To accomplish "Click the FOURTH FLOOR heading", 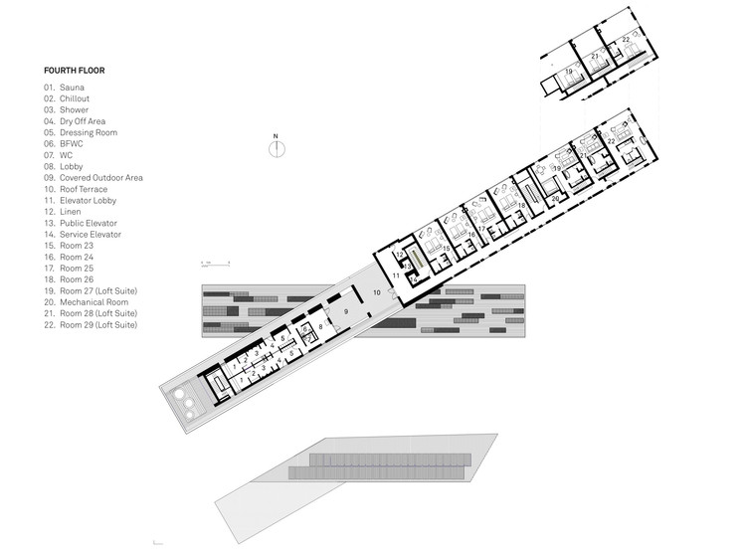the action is (74, 72).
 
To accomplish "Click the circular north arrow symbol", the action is (278, 149).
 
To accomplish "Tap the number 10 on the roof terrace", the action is (377, 292).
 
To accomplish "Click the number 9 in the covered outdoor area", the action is (346, 311).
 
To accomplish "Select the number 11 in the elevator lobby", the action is (395, 275).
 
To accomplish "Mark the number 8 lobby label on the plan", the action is (320, 326).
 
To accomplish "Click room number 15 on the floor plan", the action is (448, 249).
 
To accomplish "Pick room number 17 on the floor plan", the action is (480, 229).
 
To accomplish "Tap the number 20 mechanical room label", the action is (554, 196).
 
